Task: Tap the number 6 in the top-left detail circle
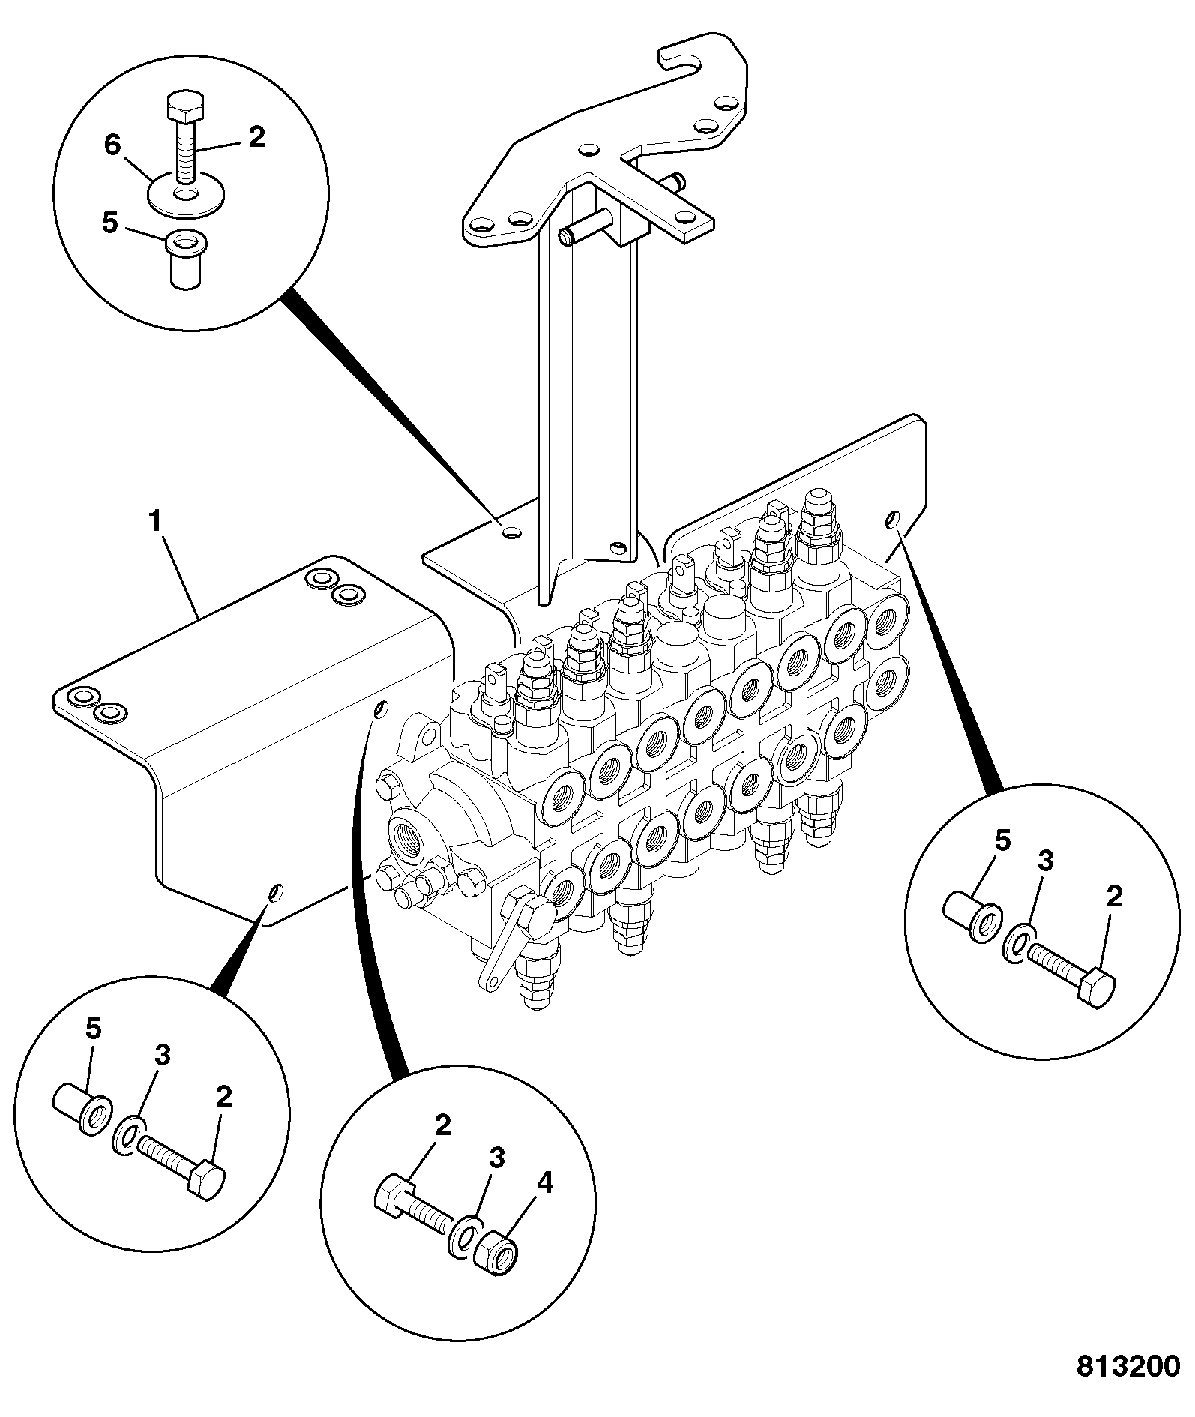coord(112,145)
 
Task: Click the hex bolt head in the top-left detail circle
coord(184,109)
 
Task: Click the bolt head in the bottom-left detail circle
coord(205,1182)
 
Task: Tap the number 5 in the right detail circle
coord(1002,840)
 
